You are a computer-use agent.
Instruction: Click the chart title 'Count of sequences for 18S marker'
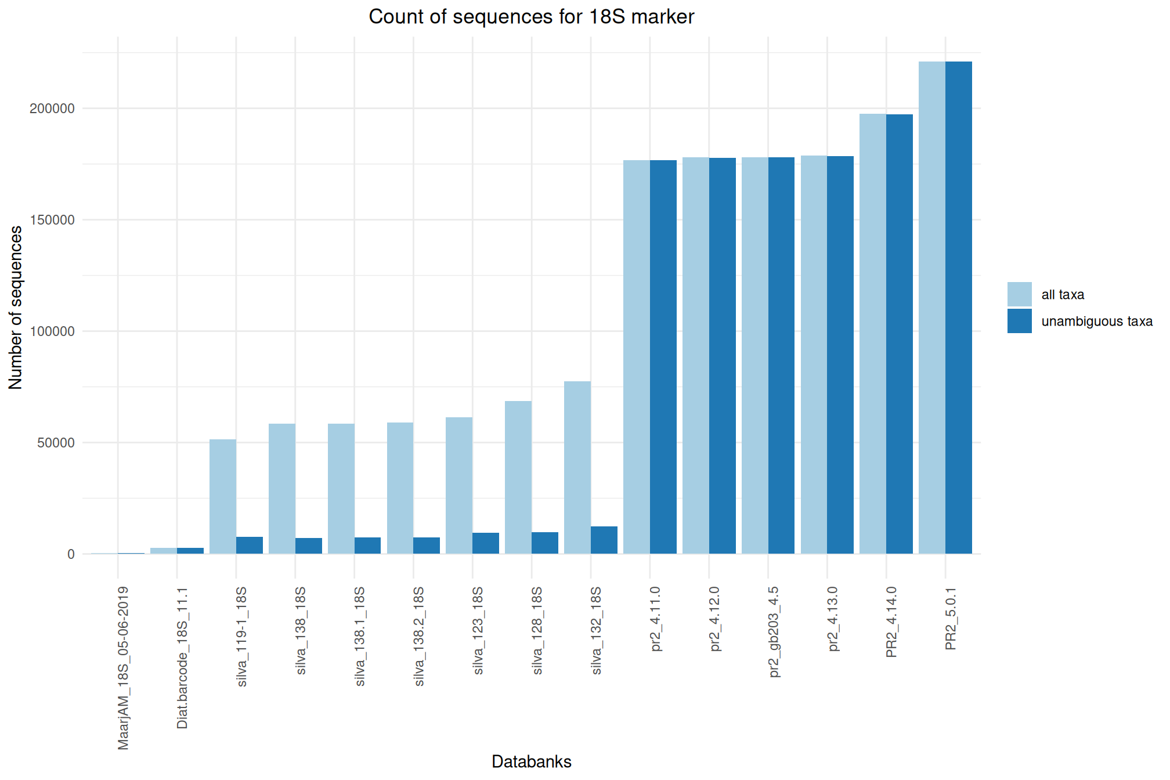531,17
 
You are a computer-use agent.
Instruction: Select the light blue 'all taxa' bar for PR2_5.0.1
932,308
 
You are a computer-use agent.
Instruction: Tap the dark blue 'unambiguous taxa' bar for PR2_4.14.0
900,334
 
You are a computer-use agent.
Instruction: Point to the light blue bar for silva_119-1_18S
223,496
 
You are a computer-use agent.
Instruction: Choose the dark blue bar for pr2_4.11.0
663,357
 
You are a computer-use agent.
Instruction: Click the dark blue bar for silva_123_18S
486,543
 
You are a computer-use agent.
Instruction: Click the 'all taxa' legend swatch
1019,294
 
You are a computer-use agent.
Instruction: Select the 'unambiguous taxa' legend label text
1096,322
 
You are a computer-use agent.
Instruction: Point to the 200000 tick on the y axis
52,109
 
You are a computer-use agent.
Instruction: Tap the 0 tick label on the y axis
71,554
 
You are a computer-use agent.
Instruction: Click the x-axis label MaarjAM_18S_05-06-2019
123,668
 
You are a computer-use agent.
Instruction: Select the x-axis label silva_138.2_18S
419,637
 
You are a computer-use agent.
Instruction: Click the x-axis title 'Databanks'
531,761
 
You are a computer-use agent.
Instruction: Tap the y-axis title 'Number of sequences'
16,308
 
